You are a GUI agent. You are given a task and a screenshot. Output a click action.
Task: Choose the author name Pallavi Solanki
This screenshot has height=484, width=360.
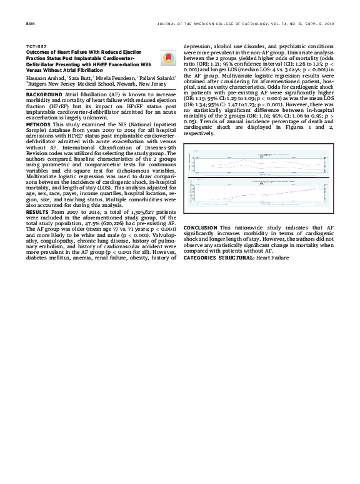tap(157, 78)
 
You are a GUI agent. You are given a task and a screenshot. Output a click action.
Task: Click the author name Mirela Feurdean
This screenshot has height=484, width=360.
tap(114, 78)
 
